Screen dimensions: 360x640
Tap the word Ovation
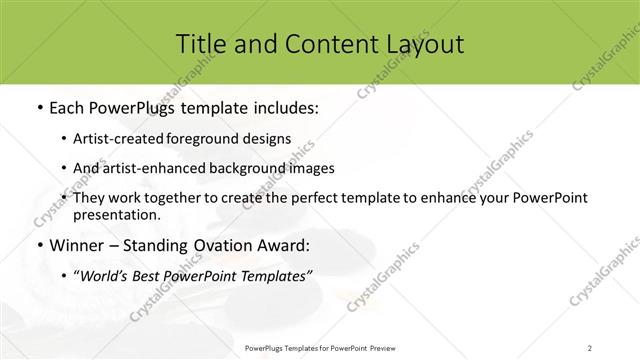tap(214, 244)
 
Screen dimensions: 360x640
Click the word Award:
tap(279, 244)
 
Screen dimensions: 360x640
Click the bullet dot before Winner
tap(38, 245)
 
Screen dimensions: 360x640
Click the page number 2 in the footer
tap(590, 347)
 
